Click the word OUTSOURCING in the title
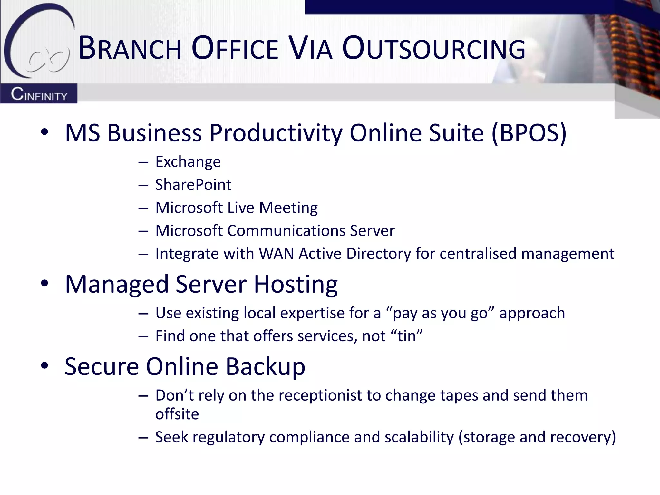coord(433,49)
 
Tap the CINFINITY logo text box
coord(39,94)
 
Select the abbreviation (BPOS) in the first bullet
coord(529,133)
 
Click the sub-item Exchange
coord(188,161)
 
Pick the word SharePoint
coord(193,185)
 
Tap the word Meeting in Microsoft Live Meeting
coord(288,208)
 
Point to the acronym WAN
coord(277,254)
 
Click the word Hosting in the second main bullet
coord(296,284)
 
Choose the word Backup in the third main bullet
coord(265,366)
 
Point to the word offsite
coord(177,414)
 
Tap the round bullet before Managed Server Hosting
coord(44,283)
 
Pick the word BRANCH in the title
coord(130,49)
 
